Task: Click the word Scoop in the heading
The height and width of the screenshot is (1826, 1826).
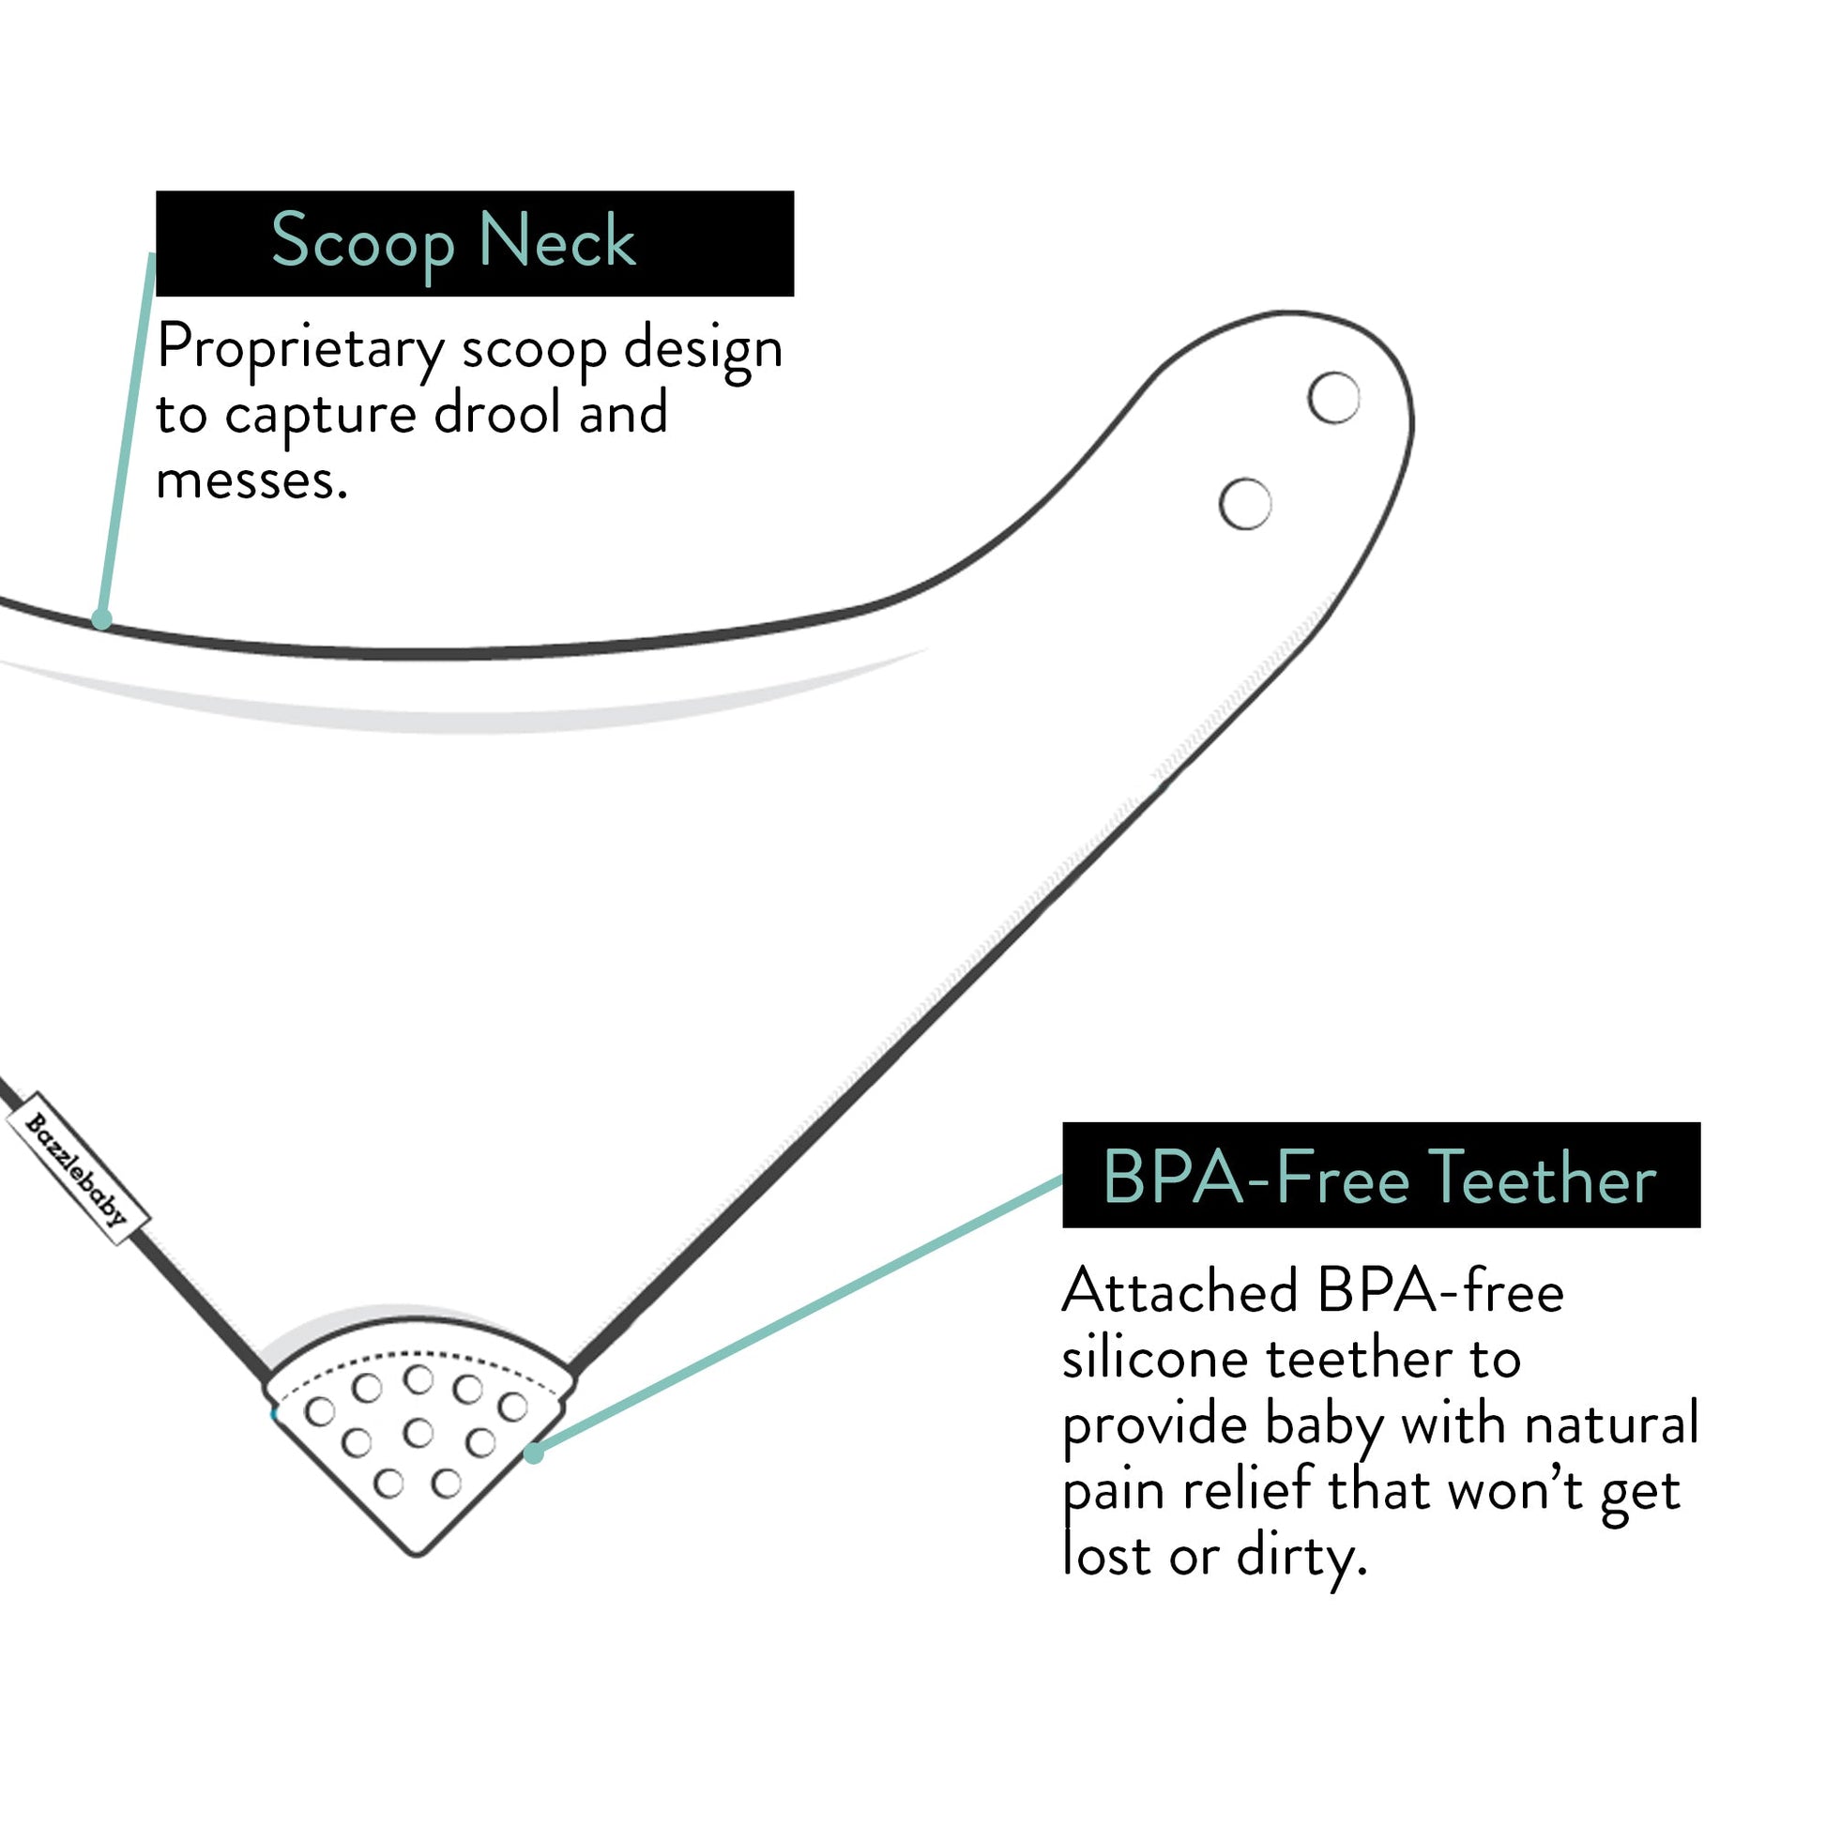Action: click(363, 242)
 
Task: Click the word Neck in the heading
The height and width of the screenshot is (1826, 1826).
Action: click(556, 242)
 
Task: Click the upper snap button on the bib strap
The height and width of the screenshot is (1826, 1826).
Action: click(1333, 398)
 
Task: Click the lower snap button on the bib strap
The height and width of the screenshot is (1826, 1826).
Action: click(1245, 504)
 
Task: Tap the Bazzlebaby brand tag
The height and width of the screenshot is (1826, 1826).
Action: click(78, 1168)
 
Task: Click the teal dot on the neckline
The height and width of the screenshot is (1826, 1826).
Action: click(102, 620)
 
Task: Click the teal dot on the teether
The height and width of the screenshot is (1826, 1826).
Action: click(534, 1453)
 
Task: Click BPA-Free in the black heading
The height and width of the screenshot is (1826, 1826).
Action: click(1257, 1179)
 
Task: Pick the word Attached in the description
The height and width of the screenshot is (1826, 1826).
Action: click(1180, 1291)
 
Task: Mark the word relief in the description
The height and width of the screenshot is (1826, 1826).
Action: click(1248, 1490)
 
